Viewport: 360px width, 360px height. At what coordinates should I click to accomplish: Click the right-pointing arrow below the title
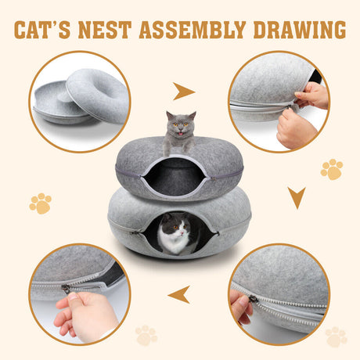click(184, 92)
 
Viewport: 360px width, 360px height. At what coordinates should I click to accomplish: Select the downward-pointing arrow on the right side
click(297, 197)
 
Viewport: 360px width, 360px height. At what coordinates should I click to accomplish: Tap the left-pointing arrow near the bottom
click(179, 294)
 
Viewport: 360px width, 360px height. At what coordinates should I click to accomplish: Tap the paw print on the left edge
click(40, 203)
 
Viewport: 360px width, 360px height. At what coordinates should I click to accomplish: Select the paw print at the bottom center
click(146, 335)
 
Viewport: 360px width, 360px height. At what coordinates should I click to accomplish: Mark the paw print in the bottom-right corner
click(336, 337)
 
